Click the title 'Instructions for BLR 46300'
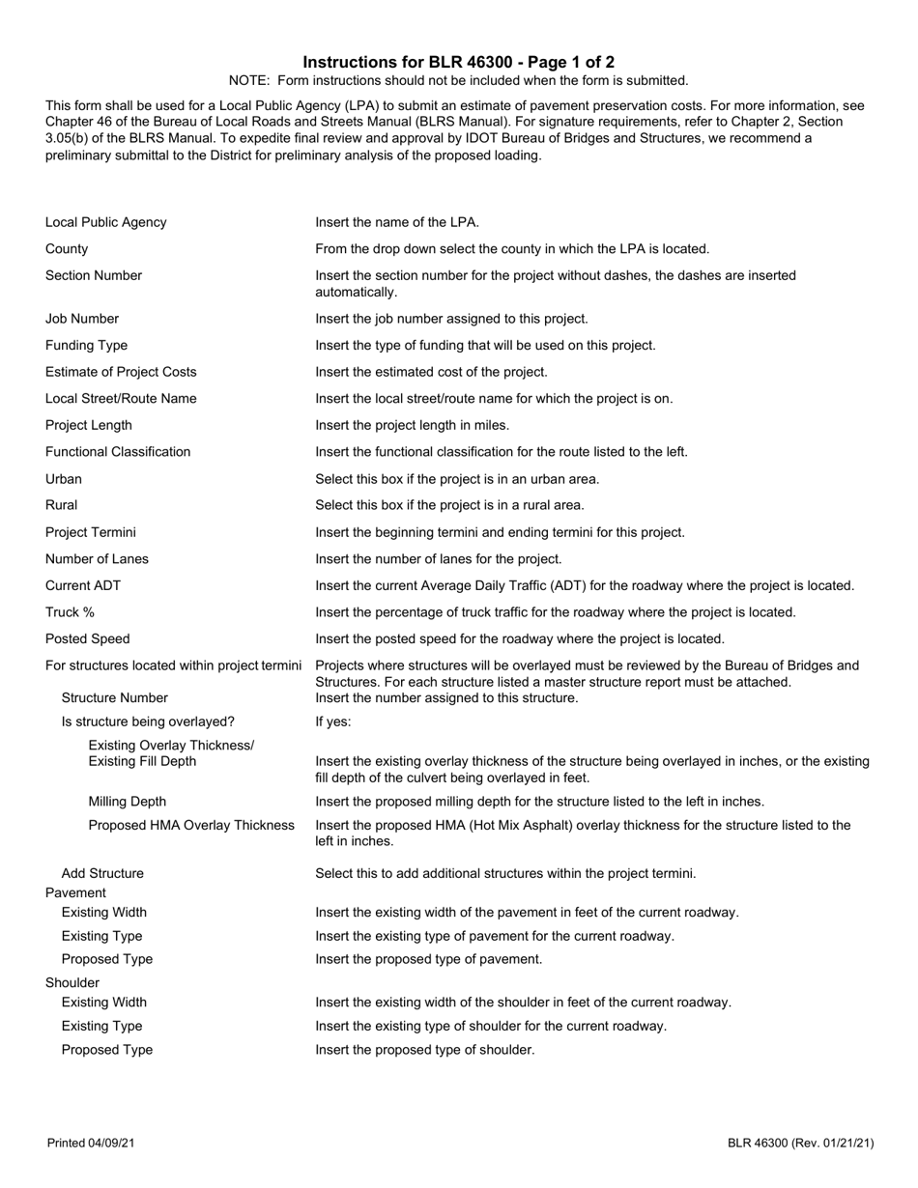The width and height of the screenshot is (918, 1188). (458, 62)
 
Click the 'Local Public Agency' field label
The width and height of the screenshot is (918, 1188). (105, 222)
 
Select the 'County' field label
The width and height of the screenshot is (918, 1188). (67, 249)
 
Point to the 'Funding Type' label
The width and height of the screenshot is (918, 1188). (86, 345)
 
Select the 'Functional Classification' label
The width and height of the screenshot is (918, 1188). (118, 451)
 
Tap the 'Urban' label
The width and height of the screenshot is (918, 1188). (64, 479)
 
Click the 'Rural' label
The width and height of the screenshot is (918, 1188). (61, 505)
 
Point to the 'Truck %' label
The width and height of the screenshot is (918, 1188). (70, 611)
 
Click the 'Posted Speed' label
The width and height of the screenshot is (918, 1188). (87, 638)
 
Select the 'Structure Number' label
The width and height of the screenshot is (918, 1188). (114, 697)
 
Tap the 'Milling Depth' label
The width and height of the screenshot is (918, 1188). (127, 802)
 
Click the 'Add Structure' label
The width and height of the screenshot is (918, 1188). (102, 873)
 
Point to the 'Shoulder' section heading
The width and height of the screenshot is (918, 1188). (72, 982)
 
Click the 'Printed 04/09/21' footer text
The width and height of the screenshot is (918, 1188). (91, 1144)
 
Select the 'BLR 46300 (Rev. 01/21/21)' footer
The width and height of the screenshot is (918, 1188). (801, 1144)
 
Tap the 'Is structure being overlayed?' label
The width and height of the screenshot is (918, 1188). (148, 721)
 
